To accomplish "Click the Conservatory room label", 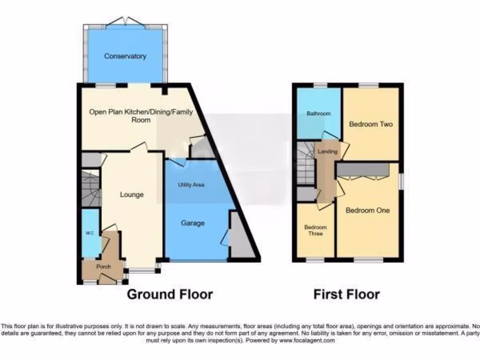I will pyautogui.click(x=125, y=56).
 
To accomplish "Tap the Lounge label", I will pyautogui.click(x=131, y=195).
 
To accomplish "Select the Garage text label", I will pyautogui.click(x=193, y=223).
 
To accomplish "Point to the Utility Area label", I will pyautogui.click(x=191, y=185).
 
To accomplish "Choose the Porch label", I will pyautogui.click(x=104, y=267).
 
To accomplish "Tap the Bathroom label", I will pyautogui.click(x=319, y=113).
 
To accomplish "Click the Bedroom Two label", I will pyautogui.click(x=371, y=124).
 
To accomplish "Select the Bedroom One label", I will pyautogui.click(x=367, y=210).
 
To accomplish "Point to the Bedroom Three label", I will pyautogui.click(x=315, y=230).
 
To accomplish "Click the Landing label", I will pyautogui.click(x=327, y=152).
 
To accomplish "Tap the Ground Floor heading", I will pyautogui.click(x=170, y=294).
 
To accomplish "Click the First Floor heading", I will pyautogui.click(x=346, y=294).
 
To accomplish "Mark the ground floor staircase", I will pyautogui.click(x=91, y=188).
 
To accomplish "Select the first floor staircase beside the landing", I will pyautogui.click(x=306, y=164).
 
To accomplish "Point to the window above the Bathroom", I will pyautogui.click(x=321, y=85).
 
